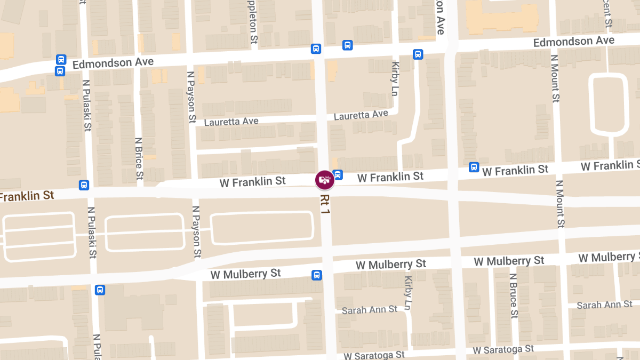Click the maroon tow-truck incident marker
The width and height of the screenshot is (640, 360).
pos(324,180)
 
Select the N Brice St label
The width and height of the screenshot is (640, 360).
pos(139,158)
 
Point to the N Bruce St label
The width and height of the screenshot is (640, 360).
pos(513,296)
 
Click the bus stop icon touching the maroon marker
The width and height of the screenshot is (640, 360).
pos(338,174)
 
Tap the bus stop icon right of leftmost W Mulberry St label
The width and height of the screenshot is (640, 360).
pos(317,275)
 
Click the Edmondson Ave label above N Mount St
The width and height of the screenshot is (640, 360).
pos(573,41)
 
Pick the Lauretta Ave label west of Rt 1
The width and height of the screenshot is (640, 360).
pos(231,122)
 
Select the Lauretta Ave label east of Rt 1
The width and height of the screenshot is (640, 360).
pos(361,115)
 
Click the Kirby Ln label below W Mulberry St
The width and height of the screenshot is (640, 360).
pos(409,293)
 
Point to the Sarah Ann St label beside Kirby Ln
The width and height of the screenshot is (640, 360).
pos(369,310)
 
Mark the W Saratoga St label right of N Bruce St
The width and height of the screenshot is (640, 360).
pos(503,349)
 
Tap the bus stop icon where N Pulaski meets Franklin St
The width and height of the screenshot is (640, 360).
pos(84,185)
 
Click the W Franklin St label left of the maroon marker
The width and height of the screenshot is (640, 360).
pos(252,182)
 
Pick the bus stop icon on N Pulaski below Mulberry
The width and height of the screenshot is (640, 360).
pos(100,290)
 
